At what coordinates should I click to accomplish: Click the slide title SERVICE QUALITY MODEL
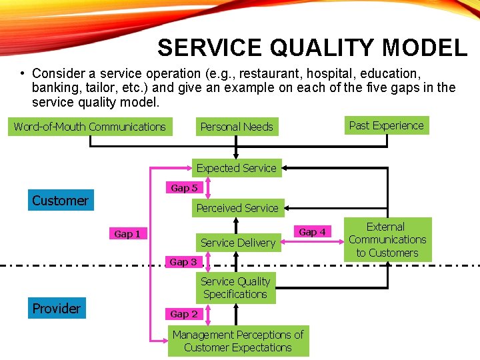coord(312,48)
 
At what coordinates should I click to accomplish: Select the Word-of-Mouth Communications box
coord(90,127)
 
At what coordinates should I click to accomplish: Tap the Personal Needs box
coord(237,127)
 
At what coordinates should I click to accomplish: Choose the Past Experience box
coord(386,125)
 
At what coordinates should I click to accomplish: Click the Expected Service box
coord(236,168)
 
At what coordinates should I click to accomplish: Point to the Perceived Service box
coord(237,208)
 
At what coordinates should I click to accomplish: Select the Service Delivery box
coord(238,243)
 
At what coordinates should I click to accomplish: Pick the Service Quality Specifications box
coord(235,288)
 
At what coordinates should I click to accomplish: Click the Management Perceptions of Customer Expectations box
coord(238,341)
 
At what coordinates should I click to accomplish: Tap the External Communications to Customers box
coord(387,239)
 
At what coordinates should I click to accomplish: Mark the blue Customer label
coord(60,201)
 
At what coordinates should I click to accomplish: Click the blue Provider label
coord(57,309)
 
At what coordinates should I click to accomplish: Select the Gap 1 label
coord(127,234)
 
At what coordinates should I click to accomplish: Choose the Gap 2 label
coord(184,313)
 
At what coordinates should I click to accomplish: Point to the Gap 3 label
coord(183,262)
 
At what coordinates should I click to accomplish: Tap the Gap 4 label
coord(313,232)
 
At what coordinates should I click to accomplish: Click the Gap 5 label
coord(184,188)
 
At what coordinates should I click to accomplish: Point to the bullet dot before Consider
coord(22,73)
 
